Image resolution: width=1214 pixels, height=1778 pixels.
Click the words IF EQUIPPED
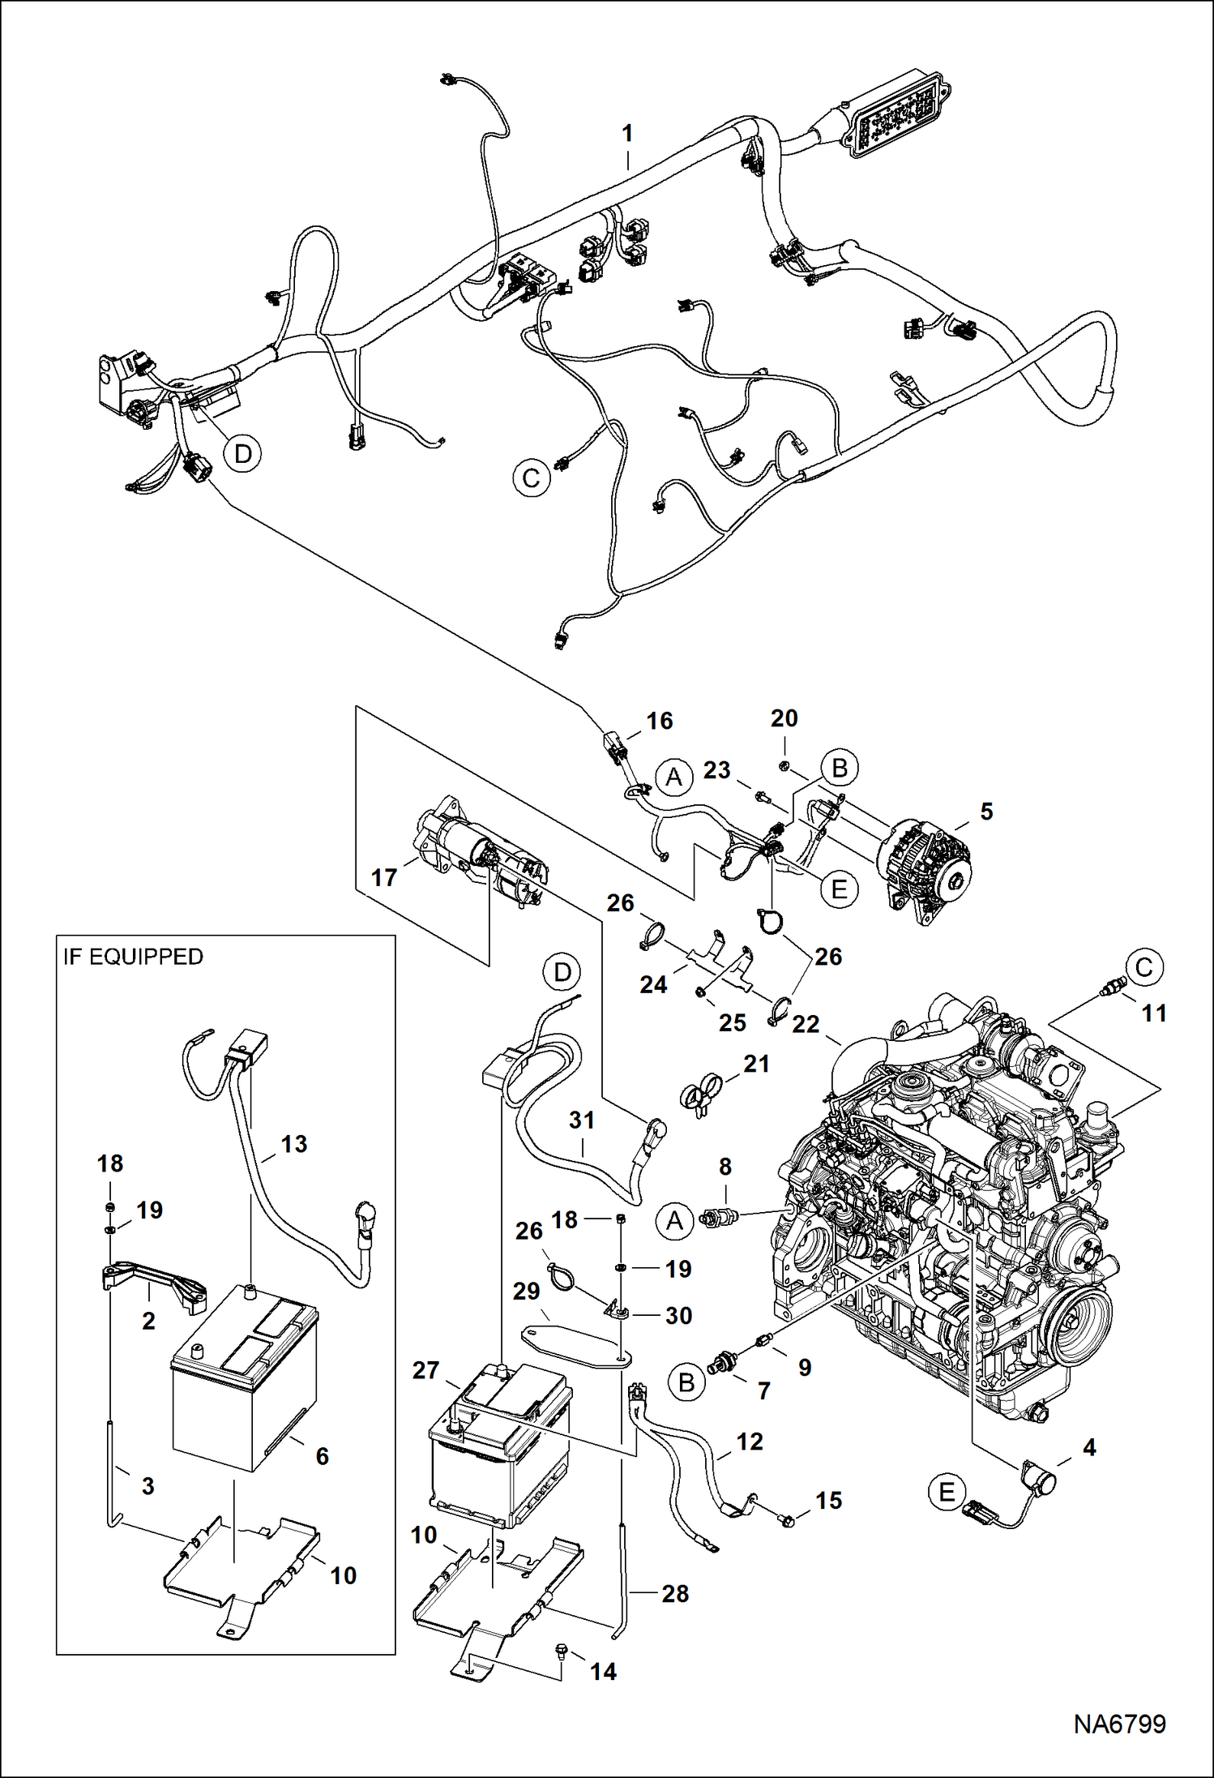tap(133, 957)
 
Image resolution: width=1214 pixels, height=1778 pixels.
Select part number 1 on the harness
tap(627, 134)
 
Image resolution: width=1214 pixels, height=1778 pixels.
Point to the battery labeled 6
tap(243, 1378)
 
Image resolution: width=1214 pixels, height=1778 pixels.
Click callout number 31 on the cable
tap(581, 1120)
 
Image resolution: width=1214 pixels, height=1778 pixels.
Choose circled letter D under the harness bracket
tap(242, 453)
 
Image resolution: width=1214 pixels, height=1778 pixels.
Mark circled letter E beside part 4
tap(947, 1491)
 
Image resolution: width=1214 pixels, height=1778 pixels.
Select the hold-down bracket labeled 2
tap(154, 1282)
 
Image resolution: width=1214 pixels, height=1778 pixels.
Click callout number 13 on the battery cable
tap(293, 1144)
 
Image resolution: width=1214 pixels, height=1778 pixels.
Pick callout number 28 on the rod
tap(674, 1593)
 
